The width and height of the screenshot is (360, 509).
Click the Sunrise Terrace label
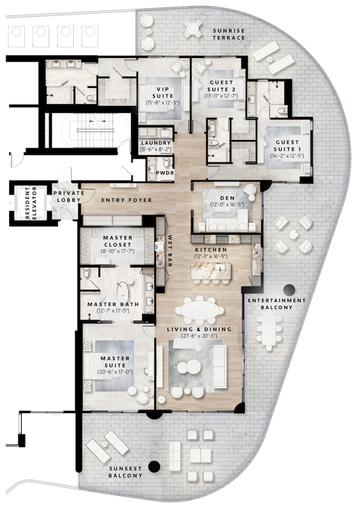[x=229, y=34]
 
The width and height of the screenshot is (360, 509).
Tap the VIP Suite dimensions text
[x=156, y=102]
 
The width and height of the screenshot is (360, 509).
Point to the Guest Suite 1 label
[x=287, y=145]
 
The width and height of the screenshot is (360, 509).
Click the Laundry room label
[x=156, y=143]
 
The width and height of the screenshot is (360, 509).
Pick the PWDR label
[x=165, y=173]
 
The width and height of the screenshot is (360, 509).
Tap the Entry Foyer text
[x=127, y=200]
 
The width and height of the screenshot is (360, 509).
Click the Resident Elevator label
[x=29, y=202]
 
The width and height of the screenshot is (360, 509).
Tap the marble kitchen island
[x=211, y=273]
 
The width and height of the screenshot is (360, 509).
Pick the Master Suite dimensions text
[x=115, y=372]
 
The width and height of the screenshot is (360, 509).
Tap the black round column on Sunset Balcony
[x=153, y=467]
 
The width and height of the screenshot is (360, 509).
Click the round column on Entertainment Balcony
[x=289, y=290]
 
